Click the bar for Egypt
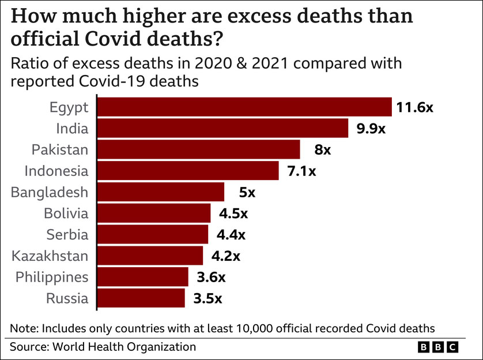tap(244, 107)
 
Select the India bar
tap(222, 129)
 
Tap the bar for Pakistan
tap(198, 149)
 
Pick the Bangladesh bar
tap(160, 192)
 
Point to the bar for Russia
tap(141, 298)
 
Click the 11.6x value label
tap(414, 107)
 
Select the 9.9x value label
tap(371, 129)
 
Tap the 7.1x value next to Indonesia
tap(301, 171)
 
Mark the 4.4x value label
tap(231, 235)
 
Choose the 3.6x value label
tap(210, 277)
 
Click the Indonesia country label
tap(56, 171)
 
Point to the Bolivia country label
tap(66, 213)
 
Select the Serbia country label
tap(68, 235)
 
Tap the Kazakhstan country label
tap(50, 256)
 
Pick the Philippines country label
tap(52, 277)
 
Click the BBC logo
tap(437, 347)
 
